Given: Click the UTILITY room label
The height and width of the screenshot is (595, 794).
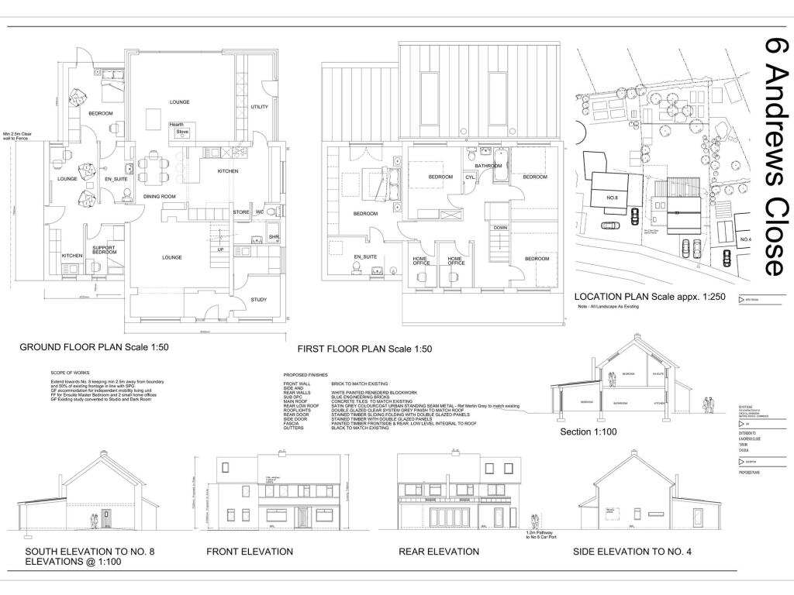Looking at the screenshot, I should click(x=259, y=107).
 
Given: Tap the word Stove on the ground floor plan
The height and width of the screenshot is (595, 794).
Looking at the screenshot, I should click(x=182, y=132).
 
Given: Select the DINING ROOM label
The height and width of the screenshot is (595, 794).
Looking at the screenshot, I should click(x=160, y=197).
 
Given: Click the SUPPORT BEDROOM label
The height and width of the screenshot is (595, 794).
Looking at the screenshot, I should click(x=105, y=250).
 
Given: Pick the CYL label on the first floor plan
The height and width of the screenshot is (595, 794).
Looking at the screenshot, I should click(x=470, y=177).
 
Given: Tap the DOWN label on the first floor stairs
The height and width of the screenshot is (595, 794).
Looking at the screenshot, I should click(x=501, y=228).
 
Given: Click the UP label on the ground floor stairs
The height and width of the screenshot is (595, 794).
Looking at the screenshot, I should click(x=220, y=250).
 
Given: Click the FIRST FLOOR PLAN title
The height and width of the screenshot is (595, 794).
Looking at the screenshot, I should click(x=359, y=349).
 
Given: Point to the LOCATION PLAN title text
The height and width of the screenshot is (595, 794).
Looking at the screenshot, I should click(x=643, y=297).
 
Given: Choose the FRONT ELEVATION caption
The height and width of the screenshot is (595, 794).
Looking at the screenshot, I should click(x=249, y=552).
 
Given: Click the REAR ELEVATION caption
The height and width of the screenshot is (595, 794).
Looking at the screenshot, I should click(x=438, y=552).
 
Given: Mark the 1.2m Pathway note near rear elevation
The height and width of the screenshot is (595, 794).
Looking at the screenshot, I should click(x=542, y=535).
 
